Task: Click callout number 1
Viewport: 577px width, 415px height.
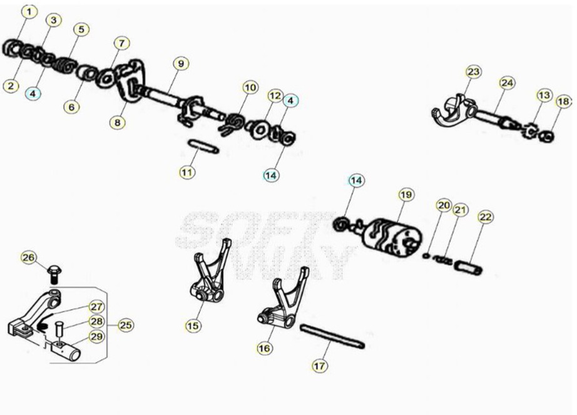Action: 29,12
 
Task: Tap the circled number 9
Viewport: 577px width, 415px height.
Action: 181,64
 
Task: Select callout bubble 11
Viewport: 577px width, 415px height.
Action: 187,172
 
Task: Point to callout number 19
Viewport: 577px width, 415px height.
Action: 406,195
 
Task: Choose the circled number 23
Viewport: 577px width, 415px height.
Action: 474,71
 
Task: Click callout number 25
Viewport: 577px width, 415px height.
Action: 126,325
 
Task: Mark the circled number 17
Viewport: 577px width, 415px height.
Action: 319,366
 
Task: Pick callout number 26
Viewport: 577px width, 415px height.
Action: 28,257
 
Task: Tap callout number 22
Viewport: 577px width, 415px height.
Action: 486,217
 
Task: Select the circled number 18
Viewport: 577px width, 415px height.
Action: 563,101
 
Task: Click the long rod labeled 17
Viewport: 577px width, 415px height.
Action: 332,337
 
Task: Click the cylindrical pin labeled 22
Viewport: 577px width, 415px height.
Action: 469,267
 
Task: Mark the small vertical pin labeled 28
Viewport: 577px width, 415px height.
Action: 58,329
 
